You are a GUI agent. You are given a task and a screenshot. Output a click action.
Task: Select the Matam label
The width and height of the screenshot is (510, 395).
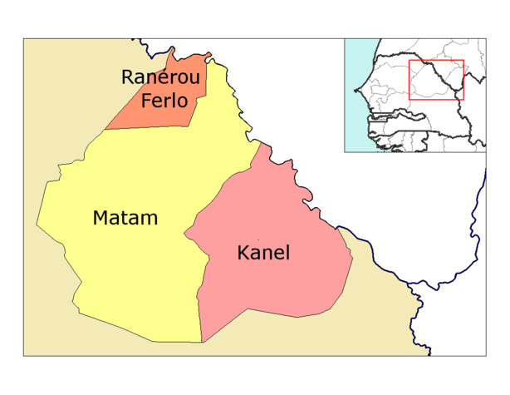tap(125, 219)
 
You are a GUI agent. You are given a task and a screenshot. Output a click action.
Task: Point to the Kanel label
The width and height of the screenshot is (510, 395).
tap(263, 253)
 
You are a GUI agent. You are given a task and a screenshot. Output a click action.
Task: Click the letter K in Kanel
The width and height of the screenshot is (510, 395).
tap(243, 253)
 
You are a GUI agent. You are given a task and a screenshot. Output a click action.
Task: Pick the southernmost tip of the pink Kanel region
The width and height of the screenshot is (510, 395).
tap(203, 342)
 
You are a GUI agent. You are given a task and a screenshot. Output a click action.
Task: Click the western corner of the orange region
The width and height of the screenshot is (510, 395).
tap(105, 130)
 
